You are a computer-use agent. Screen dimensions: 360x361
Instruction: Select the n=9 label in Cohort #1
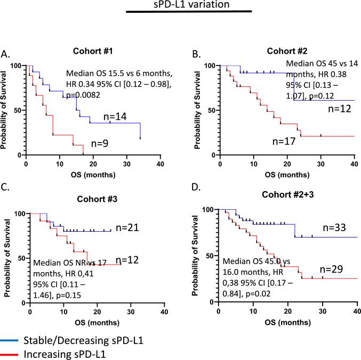(x=106, y=143)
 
